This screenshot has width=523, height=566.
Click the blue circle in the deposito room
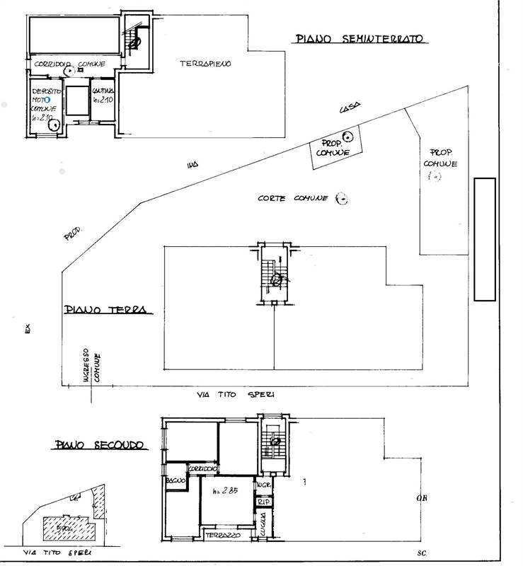point(47,100)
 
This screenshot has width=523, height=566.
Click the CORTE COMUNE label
point(292,199)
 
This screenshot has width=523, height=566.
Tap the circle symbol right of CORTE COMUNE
point(341,199)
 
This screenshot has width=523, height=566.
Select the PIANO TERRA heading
point(104,310)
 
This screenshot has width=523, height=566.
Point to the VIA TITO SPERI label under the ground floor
point(237,394)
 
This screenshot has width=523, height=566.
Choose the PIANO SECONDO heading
point(98,445)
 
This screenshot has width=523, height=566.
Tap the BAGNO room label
point(175,482)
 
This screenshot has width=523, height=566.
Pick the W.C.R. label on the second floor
point(265,485)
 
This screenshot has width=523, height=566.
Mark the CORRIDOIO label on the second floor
point(203,468)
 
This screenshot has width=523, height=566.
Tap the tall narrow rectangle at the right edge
point(484,239)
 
